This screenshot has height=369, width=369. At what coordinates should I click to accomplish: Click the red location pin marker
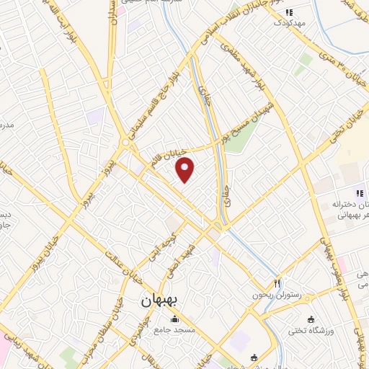[185, 169]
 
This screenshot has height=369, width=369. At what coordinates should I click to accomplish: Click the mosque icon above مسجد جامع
[173, 320]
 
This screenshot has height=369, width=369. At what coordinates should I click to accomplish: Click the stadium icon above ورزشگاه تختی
[311, 319]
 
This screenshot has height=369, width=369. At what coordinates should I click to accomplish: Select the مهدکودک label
[289, 22]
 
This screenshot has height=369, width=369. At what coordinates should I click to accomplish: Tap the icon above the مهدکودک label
[289, 12]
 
